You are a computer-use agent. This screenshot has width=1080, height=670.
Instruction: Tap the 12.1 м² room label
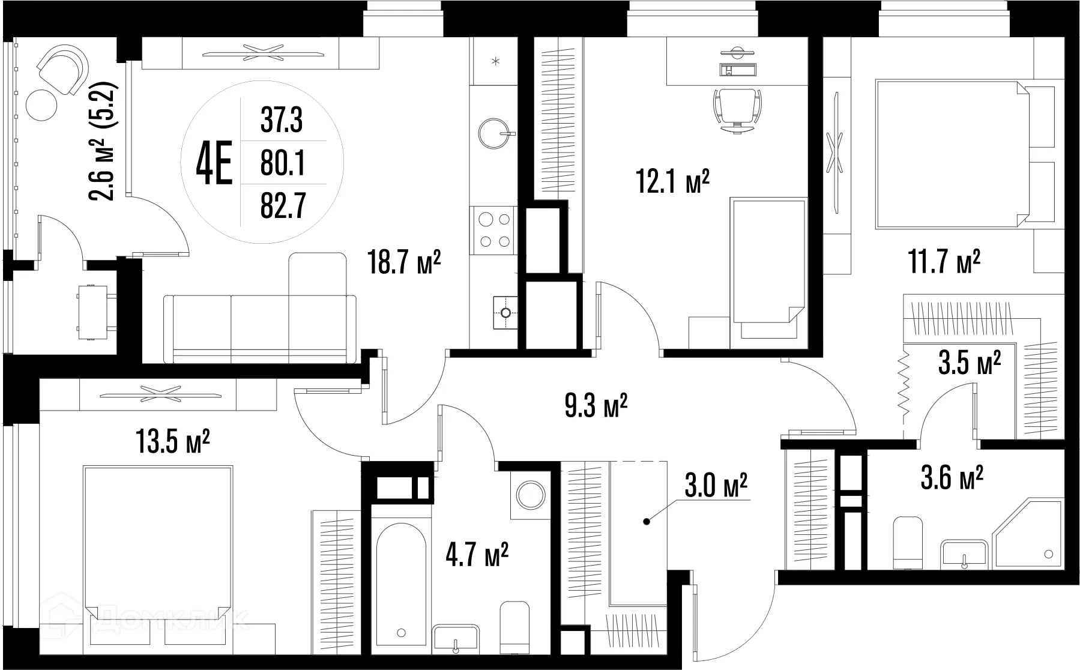click(673, 181)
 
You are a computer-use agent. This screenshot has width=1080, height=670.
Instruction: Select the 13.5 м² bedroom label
click(173, 441)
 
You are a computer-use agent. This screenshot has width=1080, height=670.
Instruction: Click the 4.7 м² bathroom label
click(477, 555)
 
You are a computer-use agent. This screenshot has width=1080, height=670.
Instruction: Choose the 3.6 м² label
click(952, 480)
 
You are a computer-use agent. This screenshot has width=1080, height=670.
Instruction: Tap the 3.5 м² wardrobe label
click(970, 363)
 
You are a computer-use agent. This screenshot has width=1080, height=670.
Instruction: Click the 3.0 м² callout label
click(716, 485)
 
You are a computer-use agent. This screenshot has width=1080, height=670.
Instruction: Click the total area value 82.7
click(283, 206)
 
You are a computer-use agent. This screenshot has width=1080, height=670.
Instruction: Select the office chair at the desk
click(737, 109)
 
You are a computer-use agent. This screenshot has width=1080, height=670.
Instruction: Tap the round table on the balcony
click(41, 104)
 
